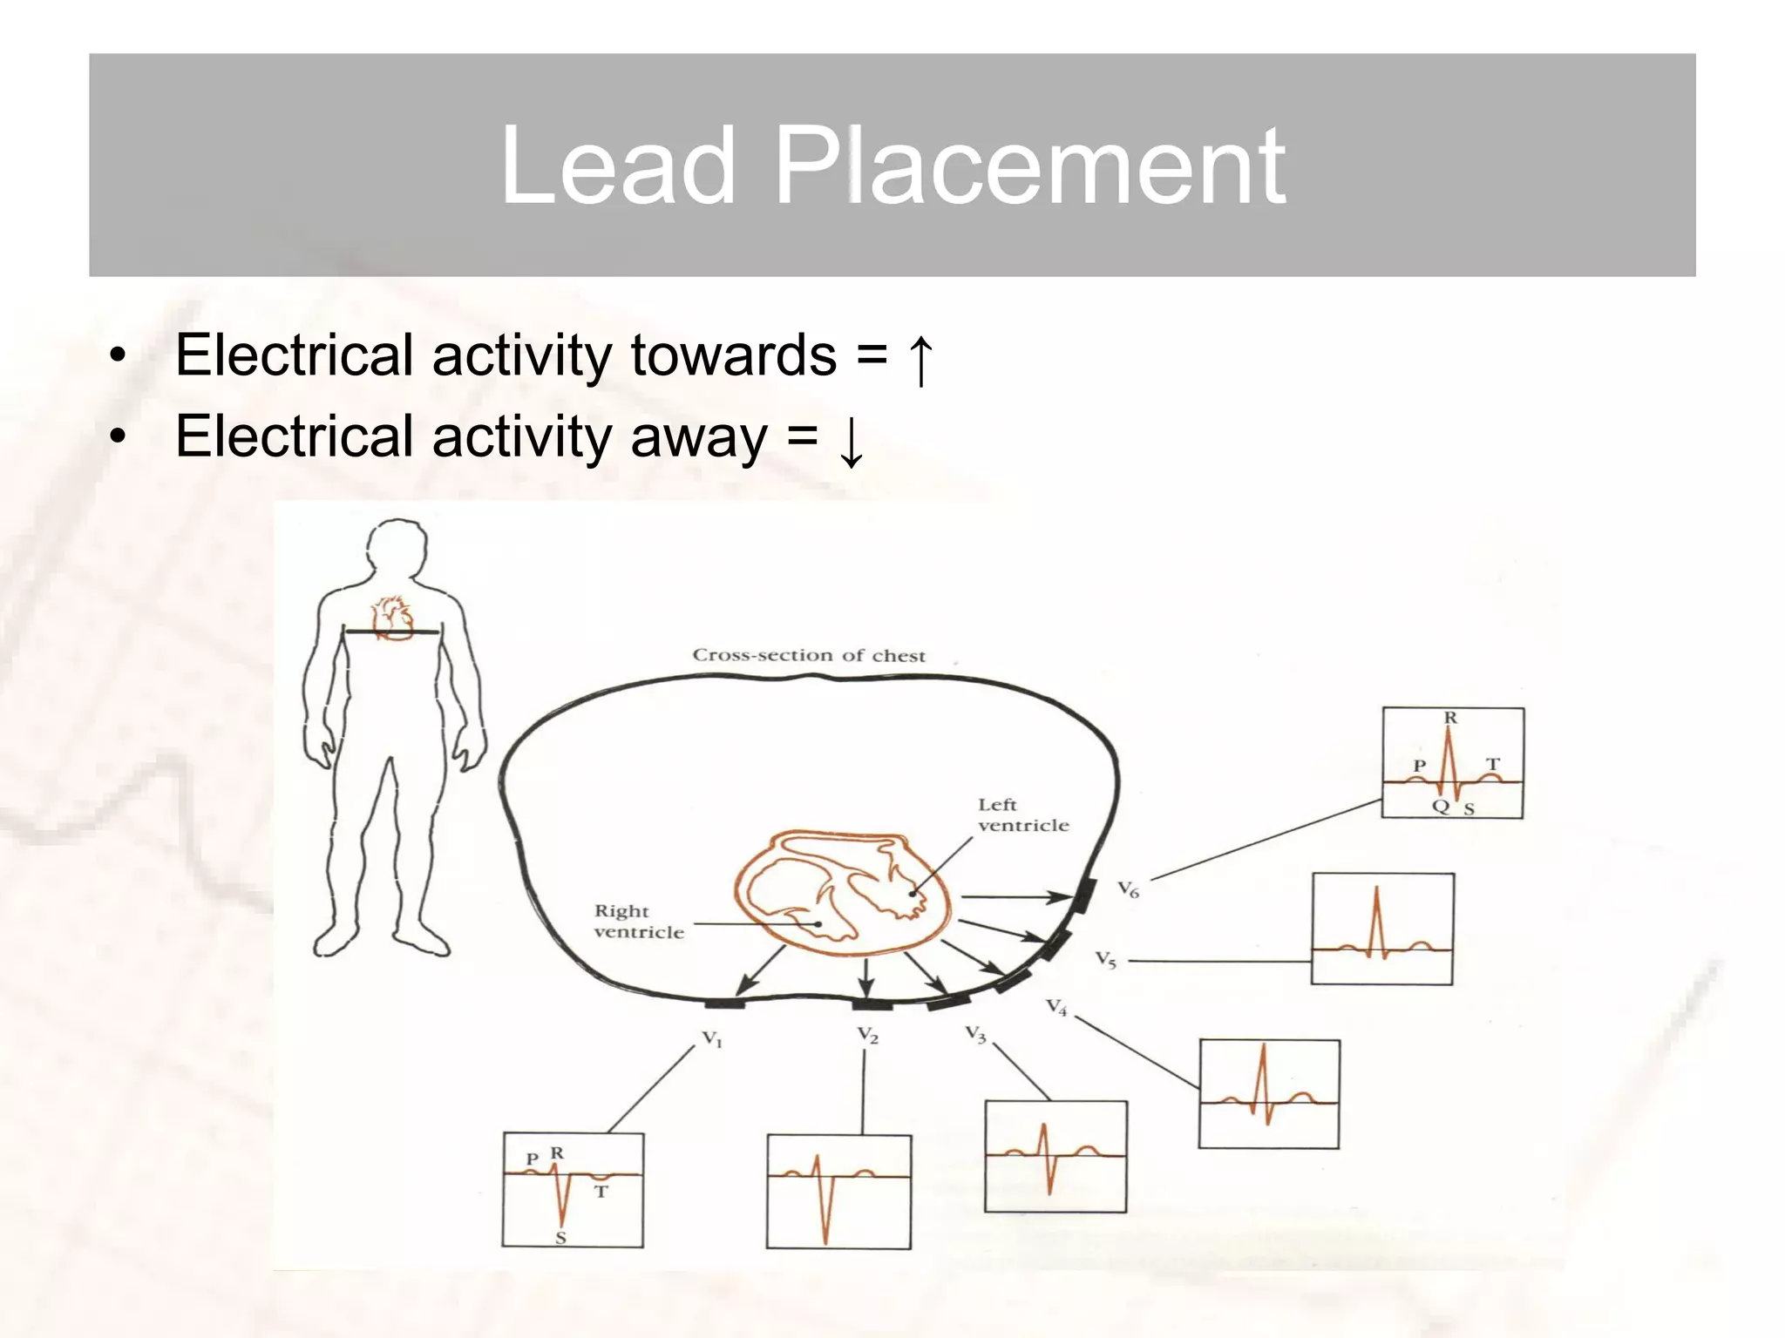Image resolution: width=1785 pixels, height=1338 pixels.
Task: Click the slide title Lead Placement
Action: [892, 165]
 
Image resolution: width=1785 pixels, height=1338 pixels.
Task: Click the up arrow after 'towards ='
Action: [920, 358]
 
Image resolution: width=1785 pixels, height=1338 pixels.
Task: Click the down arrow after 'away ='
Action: [851, 440]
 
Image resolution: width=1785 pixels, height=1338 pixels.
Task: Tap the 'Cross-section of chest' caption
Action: [808, 655]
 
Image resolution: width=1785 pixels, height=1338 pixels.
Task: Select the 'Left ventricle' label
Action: [1022, 814]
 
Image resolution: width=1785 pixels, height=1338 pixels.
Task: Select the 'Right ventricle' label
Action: [638, 921]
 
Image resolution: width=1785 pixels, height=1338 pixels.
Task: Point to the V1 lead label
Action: [712, 1038]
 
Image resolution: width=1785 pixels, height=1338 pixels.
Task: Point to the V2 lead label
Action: [867, 1035]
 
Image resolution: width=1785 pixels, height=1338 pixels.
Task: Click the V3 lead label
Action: [975, 1035]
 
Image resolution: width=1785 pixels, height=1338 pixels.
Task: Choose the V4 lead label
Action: [1056, 1007]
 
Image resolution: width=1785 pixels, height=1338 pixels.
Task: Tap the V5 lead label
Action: [1105, 960]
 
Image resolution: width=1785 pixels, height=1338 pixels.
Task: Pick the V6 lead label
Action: [1128, 889]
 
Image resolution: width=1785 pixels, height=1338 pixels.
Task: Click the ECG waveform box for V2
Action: [838, 1191]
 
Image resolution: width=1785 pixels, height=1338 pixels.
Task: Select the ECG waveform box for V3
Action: [1055, 1156]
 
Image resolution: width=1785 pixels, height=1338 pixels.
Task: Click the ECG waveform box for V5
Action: [1382, 929]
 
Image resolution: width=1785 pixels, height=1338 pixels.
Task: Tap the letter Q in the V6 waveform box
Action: [1440, 806]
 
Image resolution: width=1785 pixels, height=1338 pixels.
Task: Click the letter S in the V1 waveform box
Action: [560, 1237]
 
